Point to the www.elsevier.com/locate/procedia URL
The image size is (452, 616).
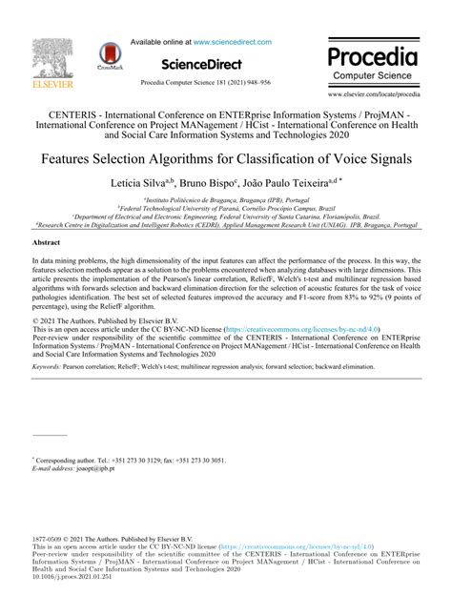[x=373, y=95]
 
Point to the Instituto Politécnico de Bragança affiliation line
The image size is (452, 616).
[x=225, y=201]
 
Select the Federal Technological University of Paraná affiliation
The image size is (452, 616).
[x=225, y=210]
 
